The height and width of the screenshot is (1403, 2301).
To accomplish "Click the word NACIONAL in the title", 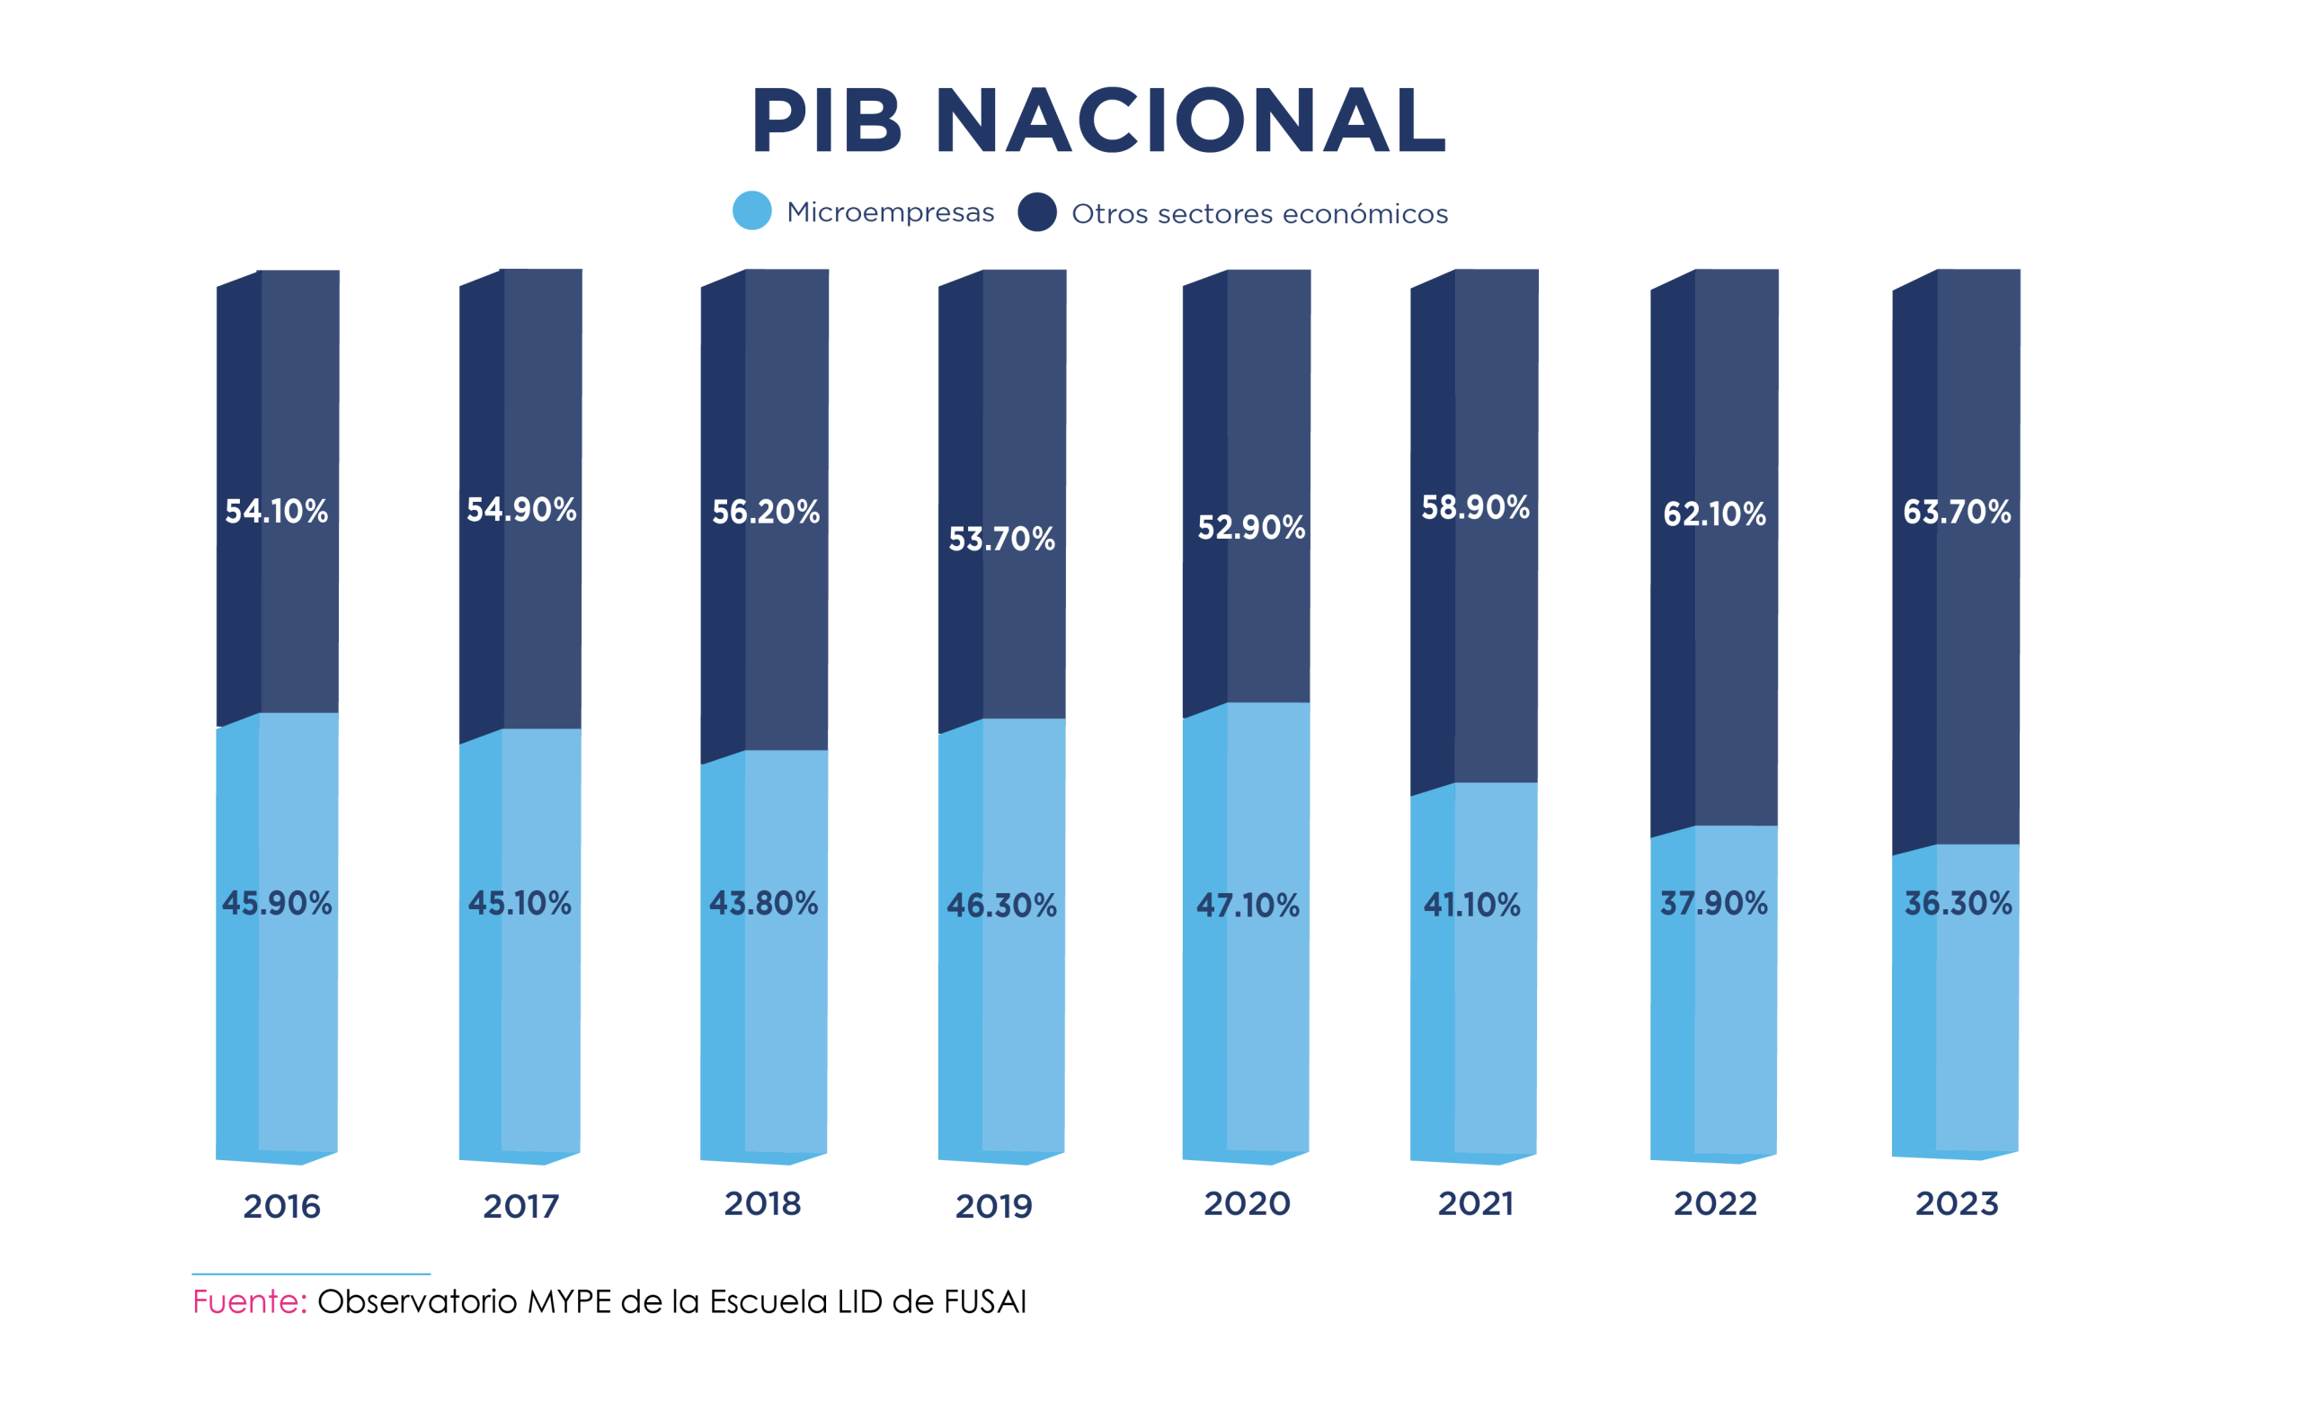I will click(x=1191, y=121).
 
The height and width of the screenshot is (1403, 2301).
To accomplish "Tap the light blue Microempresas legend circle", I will click(x=751, y=210).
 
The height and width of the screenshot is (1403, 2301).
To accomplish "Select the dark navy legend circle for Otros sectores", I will click(x=1036, y=212).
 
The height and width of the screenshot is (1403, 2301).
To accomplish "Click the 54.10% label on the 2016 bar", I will click(x=277, y=511).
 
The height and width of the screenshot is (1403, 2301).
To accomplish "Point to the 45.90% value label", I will click(x=277, y=902).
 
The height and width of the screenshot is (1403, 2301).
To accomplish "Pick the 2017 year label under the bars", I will click(x=521, y=1207).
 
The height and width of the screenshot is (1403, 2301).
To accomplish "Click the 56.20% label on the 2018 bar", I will click(x=766, y=511).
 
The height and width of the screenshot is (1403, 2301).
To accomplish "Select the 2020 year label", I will click(x=1247, y=1203).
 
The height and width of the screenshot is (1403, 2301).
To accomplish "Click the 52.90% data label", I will click(x=1251, y=527).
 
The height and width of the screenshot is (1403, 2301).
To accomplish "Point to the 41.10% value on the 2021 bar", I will click(x=1471, y=904).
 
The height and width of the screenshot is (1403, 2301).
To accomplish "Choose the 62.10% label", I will click(x=1715, y=514).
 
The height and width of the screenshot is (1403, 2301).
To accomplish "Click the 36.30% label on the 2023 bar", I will click(x=1959, y=902).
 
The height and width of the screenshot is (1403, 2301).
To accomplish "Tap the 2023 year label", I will click(x=1958, y=1203).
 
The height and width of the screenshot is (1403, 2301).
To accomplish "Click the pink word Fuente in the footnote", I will click(x=249, y=1301).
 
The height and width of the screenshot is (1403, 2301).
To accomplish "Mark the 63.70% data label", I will click(x=1958, y=511).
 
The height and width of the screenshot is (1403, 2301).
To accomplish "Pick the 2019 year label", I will click(x=993, y=1206).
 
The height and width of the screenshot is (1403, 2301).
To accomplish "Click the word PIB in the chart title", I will click(x=826, y=121).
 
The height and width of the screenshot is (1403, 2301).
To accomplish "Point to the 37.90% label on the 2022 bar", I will click(x=1713, y=902).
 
